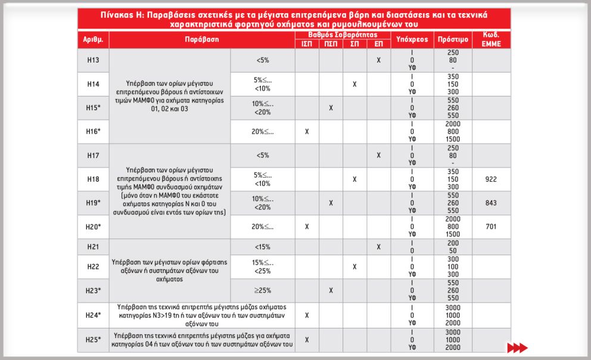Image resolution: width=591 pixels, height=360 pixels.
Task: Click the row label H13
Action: click(93, 60)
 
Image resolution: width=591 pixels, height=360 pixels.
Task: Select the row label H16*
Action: click(93, 132)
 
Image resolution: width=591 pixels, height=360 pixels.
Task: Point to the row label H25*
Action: click(93, 340)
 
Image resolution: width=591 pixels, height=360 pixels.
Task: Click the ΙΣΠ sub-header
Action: click(307, 44)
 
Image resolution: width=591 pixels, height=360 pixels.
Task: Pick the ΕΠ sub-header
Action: click(378, 44)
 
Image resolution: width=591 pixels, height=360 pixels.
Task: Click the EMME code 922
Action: click(491, 179)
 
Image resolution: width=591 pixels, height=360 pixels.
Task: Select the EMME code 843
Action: click(491, 203)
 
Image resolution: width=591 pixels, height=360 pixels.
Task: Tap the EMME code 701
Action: click(491, 226)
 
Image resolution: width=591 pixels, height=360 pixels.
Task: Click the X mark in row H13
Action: click(378, 60)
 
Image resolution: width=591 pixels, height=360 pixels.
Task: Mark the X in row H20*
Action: click(307, 226)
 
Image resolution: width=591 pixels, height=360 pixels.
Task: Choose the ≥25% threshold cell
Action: click(262, 290)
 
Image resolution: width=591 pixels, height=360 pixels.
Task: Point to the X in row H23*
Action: click(331, 290)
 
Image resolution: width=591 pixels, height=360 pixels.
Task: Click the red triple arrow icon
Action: click(517, 347)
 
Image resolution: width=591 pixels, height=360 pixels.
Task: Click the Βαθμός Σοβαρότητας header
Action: click(343, 35)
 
